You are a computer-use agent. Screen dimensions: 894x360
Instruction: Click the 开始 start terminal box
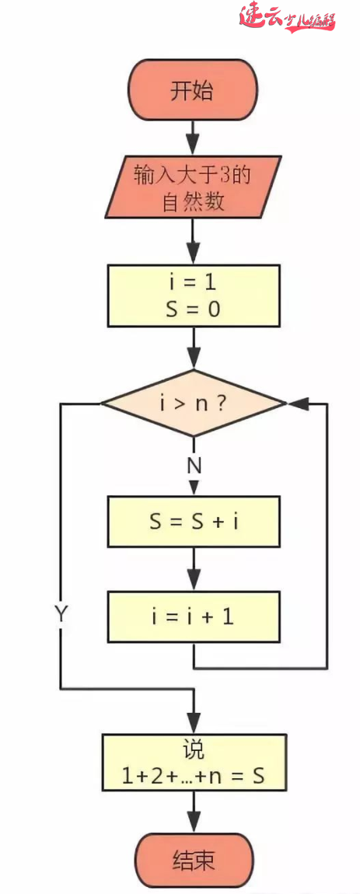[192, 92]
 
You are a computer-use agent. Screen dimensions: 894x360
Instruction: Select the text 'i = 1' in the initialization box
[193, 282]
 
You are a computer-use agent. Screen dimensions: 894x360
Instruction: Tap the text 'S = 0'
[193, 309]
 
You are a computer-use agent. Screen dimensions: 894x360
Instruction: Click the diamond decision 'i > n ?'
[193, 403]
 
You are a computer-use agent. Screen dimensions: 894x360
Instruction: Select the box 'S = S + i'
[193, 522]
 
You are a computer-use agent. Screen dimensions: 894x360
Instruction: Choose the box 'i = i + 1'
[193, 616]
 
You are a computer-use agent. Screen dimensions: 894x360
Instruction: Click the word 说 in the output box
[193, 750]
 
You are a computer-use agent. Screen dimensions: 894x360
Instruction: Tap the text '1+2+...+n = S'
[193, 776]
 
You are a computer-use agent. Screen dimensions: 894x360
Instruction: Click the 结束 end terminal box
[193, 861]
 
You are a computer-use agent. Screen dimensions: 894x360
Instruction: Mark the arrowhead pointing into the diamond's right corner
[297, 403]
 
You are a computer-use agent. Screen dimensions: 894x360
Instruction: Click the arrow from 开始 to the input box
[193, 138]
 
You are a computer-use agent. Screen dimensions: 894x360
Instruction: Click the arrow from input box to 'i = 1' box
[193, 241]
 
